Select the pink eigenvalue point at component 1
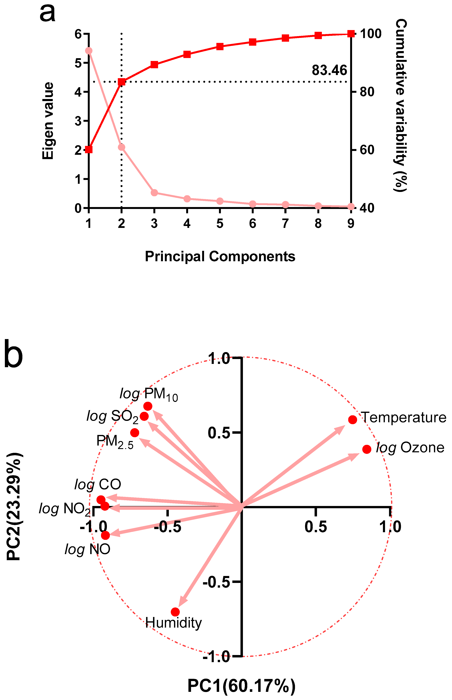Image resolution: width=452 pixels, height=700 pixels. (x=89, y=51)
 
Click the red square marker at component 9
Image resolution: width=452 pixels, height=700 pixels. (x=351, y=34)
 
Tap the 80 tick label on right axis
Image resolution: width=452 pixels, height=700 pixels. (x=367, y=92)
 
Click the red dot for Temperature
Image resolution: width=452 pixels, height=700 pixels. (x=353, y=420)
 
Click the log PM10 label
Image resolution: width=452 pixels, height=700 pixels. (x=149, y=394)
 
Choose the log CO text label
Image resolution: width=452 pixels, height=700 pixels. (x=98, y=484)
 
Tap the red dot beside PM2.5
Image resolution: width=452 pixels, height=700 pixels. (x=134, y=433)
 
